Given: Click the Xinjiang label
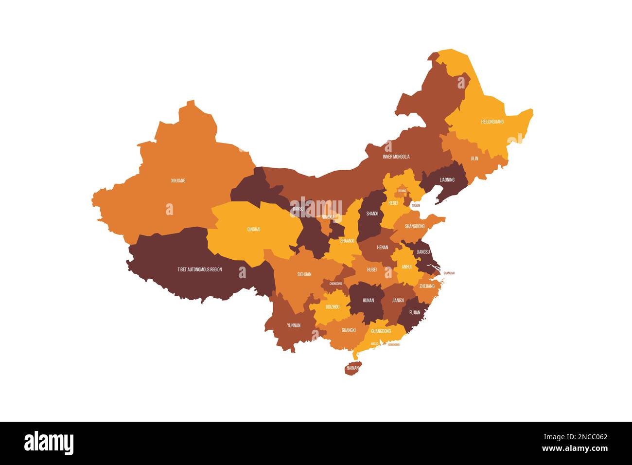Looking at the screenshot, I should pyautogui.click(x=178, y=180).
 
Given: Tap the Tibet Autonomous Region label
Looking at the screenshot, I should pyautogui.click(x=199, y=269).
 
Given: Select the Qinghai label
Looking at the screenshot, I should pyautogui.click(x=254, y=229).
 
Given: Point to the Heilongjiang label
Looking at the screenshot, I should pyautogui.click(x=492, y=122).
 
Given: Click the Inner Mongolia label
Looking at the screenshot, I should pyautogui.click(x=396, y=157).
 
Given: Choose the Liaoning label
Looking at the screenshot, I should pyautogui.click(x=447, y=180).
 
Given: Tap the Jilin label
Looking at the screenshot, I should pyautogui.click(x=474, y=159).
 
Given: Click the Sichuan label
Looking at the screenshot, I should pyautogui.click(x=304, y=274).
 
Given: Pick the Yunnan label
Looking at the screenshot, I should pyautogui.click(x=294, y=325).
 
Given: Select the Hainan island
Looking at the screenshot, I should pyautogui.click(x=352, y=368).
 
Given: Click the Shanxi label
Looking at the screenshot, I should pyautogui.click(x=372, y=214).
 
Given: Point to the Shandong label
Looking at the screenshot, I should pyautogui.click(x=415, y=226).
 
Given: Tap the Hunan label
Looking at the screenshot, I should pyautogui.click(x=368, y=300).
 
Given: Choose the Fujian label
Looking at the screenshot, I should pyautogui.click(x=415, y=313).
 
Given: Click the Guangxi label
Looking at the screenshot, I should pyautogui.click(x=349, y=330).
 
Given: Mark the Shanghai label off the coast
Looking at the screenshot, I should pyautogui.click(x=449, y=273).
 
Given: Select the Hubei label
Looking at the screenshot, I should pyautogui.click(x=372, y=269).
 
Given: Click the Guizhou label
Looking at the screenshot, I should pyautogui.click(x=333, y=307).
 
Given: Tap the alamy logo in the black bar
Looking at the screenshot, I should pyautogui.click(x=49, y=443).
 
